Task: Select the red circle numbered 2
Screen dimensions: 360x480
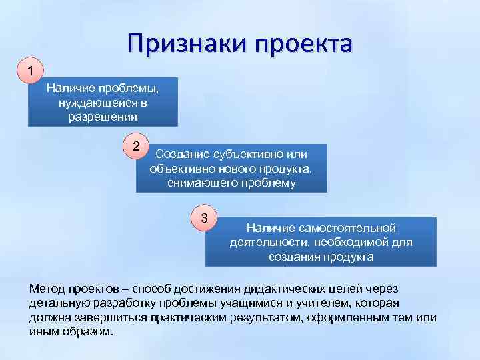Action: click(x=136, y=146)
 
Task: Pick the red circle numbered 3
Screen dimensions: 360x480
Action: click(x=204, y=218)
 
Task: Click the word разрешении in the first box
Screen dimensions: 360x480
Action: click(x=103, y=117)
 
